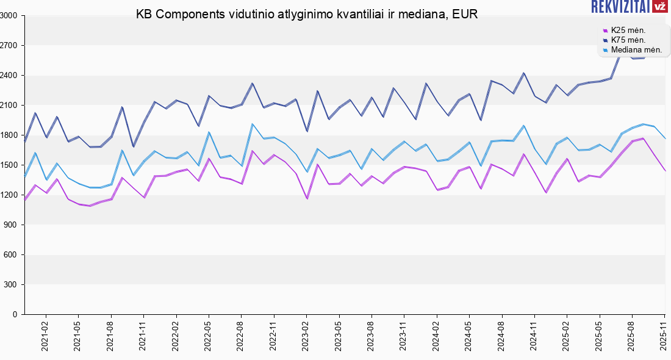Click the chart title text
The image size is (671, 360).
307,14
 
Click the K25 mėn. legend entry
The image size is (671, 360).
628,30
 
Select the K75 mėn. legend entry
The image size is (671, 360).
628,40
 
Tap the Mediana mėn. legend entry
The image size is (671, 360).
632,49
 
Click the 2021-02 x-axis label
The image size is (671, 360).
45,337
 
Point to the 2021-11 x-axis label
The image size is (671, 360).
143,337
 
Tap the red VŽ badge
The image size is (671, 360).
659,7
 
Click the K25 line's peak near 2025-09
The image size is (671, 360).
643,139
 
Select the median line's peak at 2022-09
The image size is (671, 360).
252,124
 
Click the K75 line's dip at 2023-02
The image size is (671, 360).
307,131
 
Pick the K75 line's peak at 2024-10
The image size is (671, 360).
523,73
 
